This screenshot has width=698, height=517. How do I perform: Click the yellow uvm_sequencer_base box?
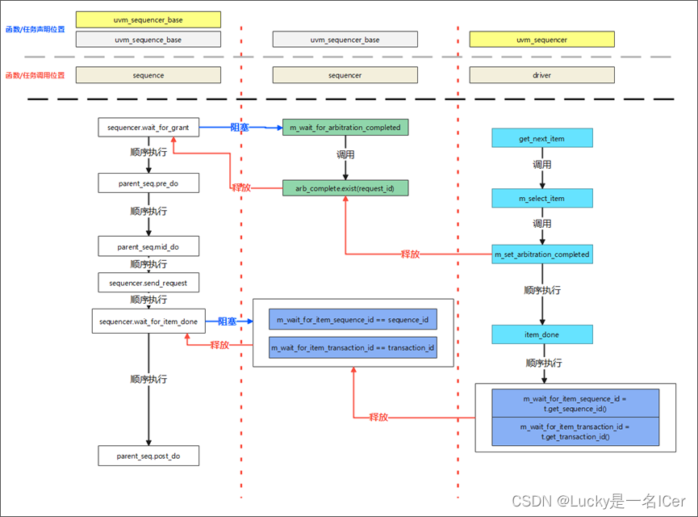148,19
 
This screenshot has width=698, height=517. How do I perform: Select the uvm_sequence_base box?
148,40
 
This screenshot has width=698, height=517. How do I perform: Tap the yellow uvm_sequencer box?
541,40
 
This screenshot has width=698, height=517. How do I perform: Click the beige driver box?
541,75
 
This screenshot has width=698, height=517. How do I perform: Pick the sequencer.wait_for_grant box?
148,128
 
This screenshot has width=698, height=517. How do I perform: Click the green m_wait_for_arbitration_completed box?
345,128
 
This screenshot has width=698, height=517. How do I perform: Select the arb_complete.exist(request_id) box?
345,187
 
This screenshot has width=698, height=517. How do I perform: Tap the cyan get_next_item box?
541,138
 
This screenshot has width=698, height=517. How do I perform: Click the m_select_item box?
541,198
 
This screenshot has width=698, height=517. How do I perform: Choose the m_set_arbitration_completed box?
541,254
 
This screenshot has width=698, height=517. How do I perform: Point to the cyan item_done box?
541,334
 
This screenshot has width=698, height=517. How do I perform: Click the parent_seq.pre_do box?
148,183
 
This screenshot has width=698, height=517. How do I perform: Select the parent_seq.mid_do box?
148,246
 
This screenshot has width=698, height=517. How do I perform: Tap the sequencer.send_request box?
148,282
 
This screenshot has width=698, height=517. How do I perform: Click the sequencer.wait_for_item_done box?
148,322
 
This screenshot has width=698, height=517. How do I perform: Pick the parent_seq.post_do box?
148,456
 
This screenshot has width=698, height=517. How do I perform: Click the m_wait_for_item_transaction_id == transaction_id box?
353,347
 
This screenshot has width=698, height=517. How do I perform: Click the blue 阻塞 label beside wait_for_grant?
240,128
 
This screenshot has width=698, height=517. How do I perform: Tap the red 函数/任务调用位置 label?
35,75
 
